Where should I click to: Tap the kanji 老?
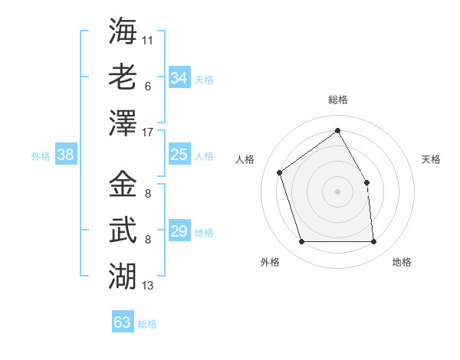(x=123, y=77)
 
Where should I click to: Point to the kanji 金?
(x=123, y=184)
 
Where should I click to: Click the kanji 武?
(x=123, y=230)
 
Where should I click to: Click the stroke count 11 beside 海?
(x=148, y=39)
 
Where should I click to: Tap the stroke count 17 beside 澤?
(x=148, y=133)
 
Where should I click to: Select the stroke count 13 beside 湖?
(x=148, y=286)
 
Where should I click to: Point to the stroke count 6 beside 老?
(x=147, y=86)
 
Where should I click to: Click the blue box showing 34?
(x=179, y=78)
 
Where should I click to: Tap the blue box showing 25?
(x=179, y=155)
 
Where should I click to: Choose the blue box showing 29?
(x=179, y=231)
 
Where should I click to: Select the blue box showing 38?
(x=66, y=155)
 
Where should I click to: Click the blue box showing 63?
(x=123, y=322)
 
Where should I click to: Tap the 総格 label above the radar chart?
(x=338, y=100)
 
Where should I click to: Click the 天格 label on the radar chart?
(x=431, y=159)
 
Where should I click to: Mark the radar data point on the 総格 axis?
(x=337, y=130)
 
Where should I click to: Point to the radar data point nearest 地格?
(x=373, y=242)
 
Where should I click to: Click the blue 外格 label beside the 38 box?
(x=41, y=156)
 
